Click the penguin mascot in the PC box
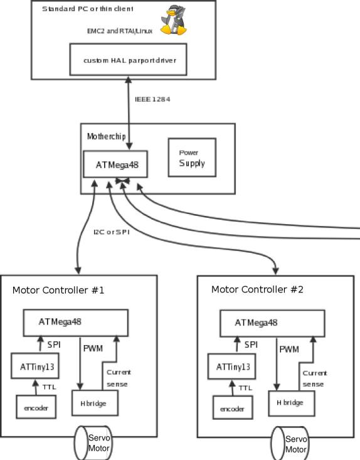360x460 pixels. click(174, 20)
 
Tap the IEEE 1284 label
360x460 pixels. click(152, 99)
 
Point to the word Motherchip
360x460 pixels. click(107, 136)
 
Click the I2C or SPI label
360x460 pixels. click(112, 232)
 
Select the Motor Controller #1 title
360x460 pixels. click(58, 290)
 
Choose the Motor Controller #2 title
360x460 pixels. click(257, 289)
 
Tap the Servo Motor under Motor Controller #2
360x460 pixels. click(290, 444)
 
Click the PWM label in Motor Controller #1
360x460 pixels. click(93, 348)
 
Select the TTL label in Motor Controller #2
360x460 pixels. click(245, 388)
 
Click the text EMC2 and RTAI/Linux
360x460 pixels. click(120, 31)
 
